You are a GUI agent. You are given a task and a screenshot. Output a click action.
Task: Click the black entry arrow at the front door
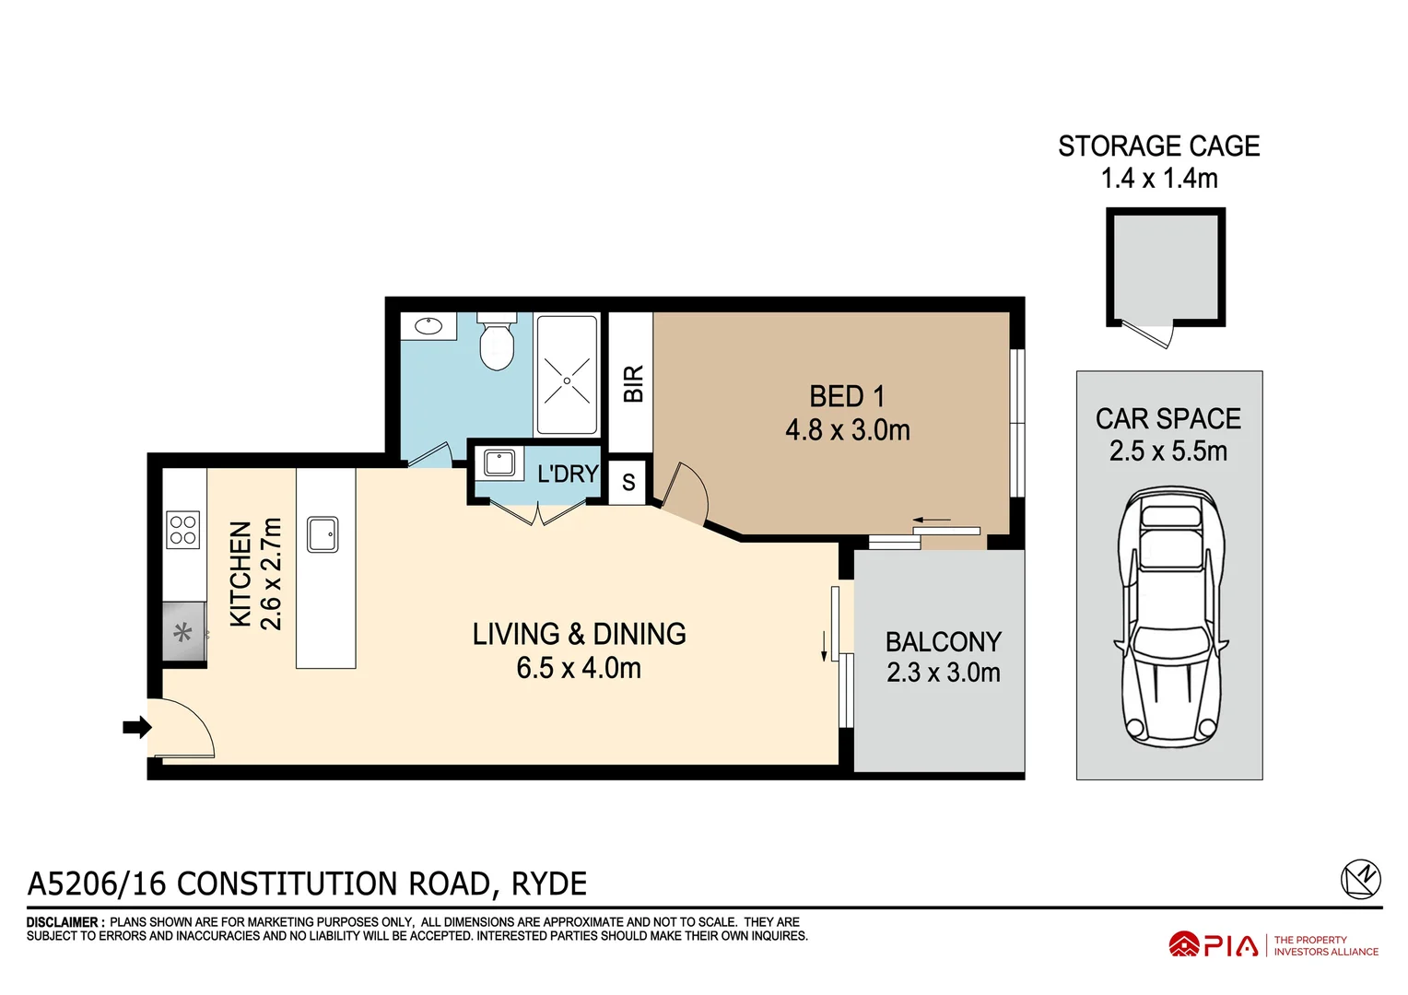(x=136, y=727)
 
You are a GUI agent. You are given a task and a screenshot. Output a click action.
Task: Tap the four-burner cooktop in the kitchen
(x=183, y=530)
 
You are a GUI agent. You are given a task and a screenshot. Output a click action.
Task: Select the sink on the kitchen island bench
(x=323, y=534)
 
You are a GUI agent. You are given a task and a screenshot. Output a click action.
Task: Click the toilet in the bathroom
(x=497, y=342)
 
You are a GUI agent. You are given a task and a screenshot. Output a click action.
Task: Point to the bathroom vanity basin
(x=428, y=325)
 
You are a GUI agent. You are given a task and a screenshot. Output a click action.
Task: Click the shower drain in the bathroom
(x=567, y=380)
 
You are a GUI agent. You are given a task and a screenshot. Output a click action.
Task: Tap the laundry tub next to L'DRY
(x=499, y=462)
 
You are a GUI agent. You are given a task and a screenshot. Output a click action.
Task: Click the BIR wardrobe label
(x=632, y=383)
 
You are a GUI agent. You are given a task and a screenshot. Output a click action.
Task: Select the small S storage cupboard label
(x=628, y=482)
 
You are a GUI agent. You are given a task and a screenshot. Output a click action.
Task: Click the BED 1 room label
(x=847, y=396)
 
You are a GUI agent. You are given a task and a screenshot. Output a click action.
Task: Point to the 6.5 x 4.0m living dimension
(x=579, y=668)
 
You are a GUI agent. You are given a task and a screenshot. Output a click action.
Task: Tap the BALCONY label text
(x=943, y=641)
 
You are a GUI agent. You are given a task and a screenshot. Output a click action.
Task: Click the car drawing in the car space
(x=1170, y=617)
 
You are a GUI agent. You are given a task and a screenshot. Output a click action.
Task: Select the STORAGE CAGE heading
(x=1158, y=146)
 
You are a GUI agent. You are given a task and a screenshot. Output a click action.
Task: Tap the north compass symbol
(x=1360, y=879)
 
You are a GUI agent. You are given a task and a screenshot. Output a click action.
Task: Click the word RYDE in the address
(x=548, y=884)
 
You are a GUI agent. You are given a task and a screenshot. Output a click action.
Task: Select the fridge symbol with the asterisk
(x=183, y=632)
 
